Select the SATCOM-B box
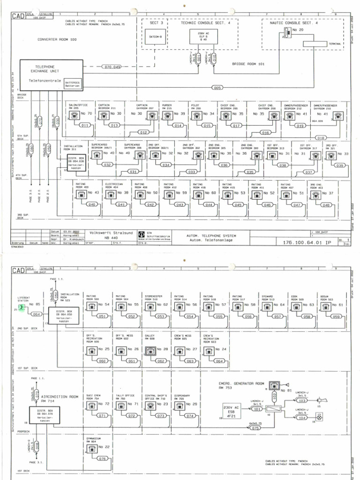coord(155,36)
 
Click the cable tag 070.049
coord(112,67)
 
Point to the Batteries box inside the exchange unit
coord(73,84)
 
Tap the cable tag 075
coord(255,427)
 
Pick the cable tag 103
coord(302,401)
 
